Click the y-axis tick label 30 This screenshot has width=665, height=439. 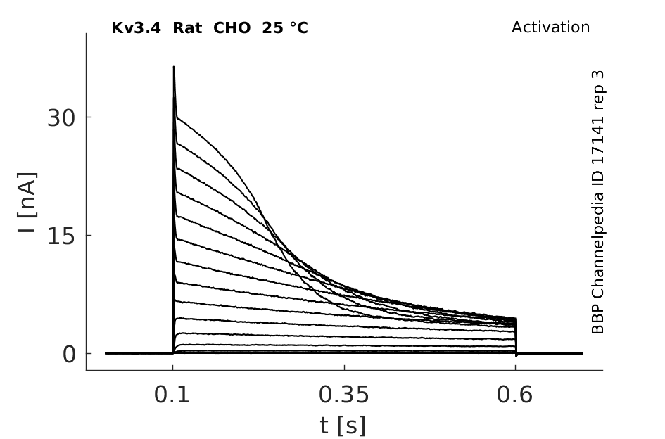click(x=61, y=118)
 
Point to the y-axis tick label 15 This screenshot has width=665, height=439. click(x=61, y=236)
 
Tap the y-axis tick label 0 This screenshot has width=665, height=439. click(x=69, y=354)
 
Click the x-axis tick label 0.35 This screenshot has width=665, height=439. click(x=344, y=395)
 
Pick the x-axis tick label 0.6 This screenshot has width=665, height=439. click(x=514, y=395)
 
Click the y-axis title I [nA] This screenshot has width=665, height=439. click(x=27, y=203)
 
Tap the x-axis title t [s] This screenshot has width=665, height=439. click(x=342, y=426)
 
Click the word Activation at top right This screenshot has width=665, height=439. click(x=550, y=27)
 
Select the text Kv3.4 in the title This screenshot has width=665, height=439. click(x=136, y=28)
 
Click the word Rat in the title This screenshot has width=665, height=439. click(x=187, y=28)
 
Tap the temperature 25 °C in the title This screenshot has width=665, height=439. click(x=285, y=28)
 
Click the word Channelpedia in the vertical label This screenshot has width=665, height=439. click(x=597, y=245)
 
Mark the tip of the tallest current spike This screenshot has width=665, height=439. click(x=173, y=66)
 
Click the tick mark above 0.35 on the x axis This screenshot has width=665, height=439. click(x=344, y=368)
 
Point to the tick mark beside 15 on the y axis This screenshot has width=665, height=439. click(x=89, y=235)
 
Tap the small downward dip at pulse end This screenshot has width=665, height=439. click(x=516, y=356)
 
